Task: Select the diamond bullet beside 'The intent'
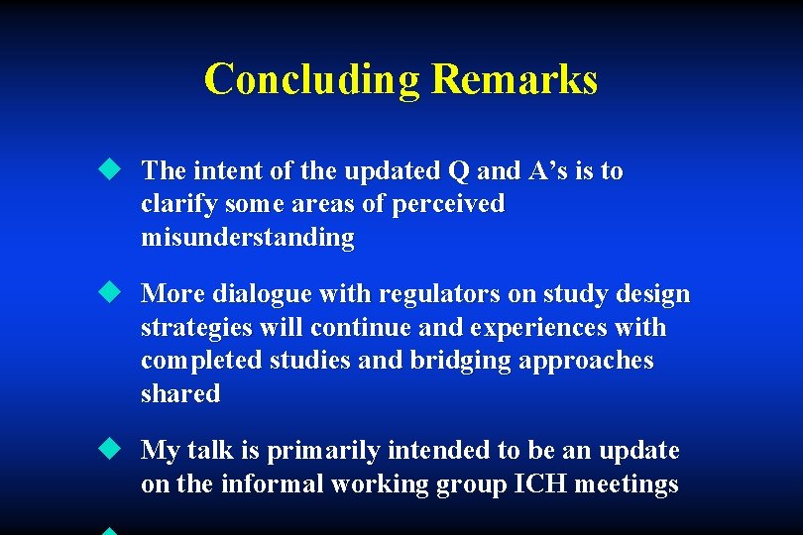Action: tap(107, 169)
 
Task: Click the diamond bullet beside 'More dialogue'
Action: tap(107, 292)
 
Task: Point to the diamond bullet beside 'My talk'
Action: tap(107, 449)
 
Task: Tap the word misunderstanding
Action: tap(247, 237)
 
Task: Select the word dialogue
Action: tap(274, 294)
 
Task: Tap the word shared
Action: tap(180, 393)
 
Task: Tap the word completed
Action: tap(198, 361)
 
